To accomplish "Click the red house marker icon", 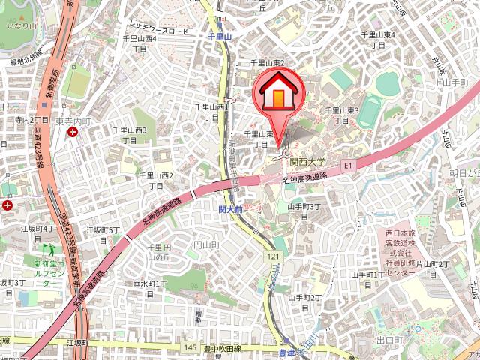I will (x=277, y=93).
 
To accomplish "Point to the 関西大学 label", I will (x=308, y=161).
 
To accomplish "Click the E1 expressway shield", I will (x=348, y=164).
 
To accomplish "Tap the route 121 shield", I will (x=268, y=256).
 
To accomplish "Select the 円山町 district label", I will (x=205, y=245).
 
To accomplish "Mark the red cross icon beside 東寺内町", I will (x=72, y=133).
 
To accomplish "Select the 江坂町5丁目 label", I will (x=104, y=235).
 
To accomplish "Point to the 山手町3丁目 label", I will (x=304, y=211).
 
